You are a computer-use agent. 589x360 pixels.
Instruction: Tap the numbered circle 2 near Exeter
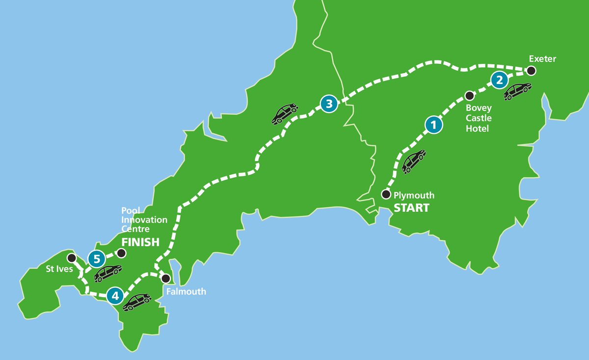(499, 80)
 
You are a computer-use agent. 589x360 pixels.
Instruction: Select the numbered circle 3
(329, 104)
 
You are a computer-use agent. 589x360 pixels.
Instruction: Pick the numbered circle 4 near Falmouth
(115, 296)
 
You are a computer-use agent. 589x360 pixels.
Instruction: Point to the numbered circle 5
(96, 257)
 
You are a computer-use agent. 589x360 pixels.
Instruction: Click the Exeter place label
(542, 59)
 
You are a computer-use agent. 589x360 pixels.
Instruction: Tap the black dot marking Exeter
(531, 71)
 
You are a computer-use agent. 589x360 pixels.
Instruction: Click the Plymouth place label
(414, 195)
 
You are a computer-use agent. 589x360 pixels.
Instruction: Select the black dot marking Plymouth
(386, 194)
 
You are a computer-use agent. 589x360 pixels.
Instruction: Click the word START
(411, 208)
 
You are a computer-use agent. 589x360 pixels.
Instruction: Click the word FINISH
(140, 242)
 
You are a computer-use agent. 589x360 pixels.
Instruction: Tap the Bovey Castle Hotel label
(479, 118)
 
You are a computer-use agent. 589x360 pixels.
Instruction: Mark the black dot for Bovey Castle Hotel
(469, 95)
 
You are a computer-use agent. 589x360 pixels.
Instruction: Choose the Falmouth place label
(186, 292)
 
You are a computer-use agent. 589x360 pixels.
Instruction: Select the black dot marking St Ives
(71, 258)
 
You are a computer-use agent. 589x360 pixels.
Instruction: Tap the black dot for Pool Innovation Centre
(121, 253)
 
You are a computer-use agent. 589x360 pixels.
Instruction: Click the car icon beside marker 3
(285, 113)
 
